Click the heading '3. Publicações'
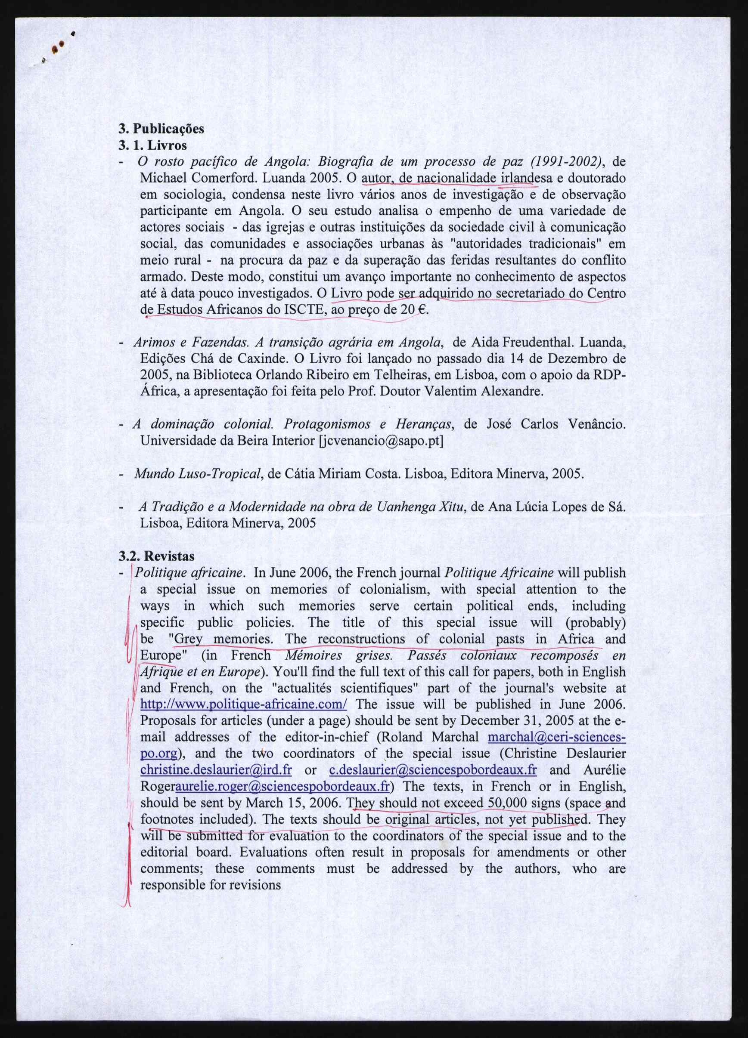point(161,129)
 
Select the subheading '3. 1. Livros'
point(152,145)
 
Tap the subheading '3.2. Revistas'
point(156,556)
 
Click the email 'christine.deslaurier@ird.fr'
point(216,770)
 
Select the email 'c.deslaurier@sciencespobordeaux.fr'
point(433,770)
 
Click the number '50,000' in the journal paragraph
point(509,803)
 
